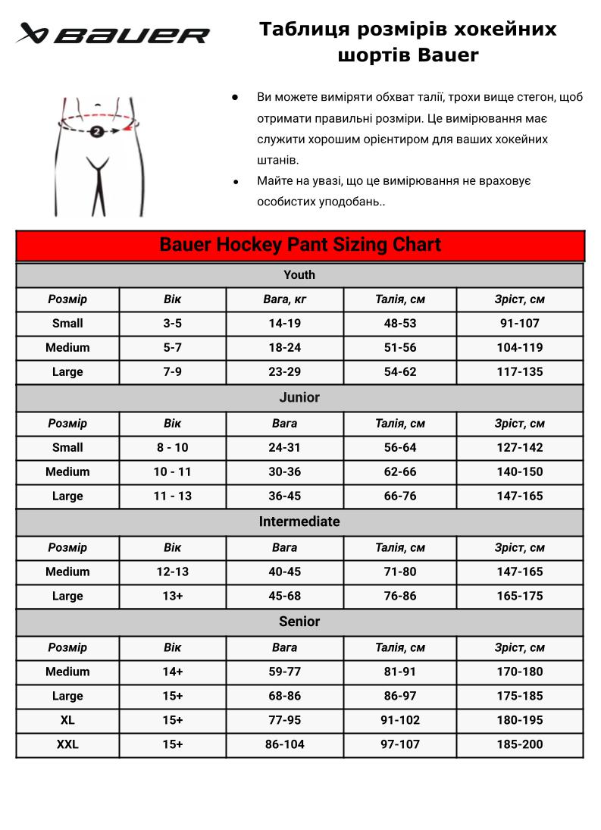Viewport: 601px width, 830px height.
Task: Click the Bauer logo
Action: (114, 34)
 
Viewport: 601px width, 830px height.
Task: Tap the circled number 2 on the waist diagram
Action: (97, 132)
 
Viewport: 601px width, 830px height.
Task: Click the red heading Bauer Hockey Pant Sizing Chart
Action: (300, 246)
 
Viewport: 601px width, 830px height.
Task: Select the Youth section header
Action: (299, 274)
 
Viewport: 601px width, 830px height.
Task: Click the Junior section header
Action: (299, 397)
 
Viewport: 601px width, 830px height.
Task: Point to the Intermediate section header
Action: (299, 521)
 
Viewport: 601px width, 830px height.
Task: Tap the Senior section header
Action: (299, 622)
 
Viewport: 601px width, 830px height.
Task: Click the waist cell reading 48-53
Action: (400, 323)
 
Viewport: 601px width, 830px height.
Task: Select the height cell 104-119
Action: (520, 347)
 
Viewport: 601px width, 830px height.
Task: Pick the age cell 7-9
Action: (173, 371)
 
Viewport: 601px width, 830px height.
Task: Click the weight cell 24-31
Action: (285, 447)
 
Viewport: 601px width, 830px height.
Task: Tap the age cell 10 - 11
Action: (173, 471)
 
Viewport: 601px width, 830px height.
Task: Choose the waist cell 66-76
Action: (400, 496)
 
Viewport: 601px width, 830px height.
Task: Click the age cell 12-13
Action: (173, 572)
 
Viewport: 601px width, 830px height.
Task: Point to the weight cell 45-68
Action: (285, 596)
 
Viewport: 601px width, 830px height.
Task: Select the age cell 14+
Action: (173, 672)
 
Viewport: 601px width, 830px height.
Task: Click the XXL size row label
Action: (67, 744)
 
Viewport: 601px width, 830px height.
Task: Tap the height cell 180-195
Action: (520, 720)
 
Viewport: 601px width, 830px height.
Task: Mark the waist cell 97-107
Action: (400, 744)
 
